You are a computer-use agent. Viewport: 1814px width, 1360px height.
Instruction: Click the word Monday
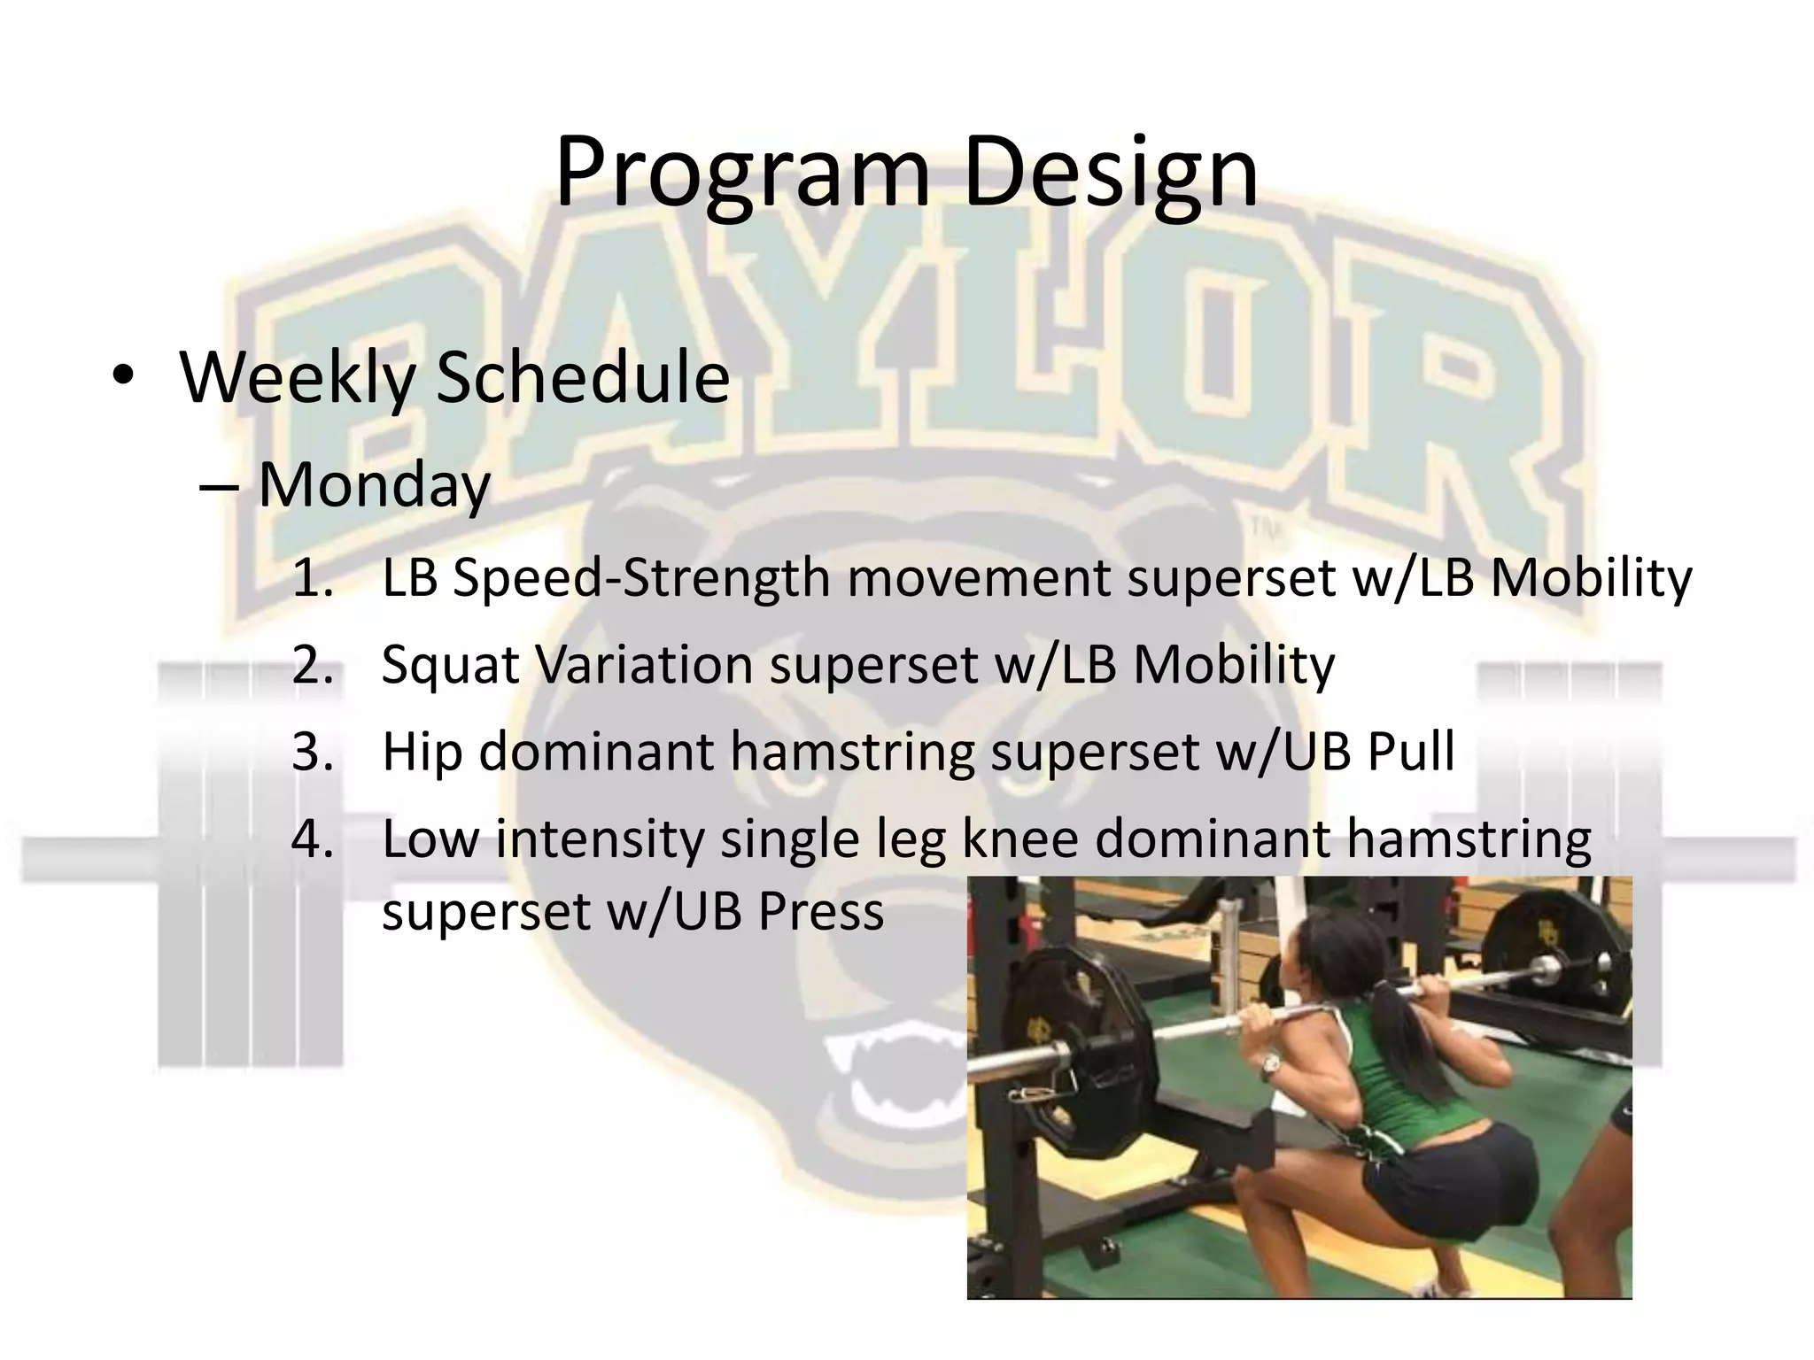point(374,485)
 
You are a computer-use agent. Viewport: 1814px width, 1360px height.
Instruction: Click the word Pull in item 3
point(1410,752)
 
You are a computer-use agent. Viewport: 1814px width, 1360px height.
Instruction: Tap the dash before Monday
point(219,487)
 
